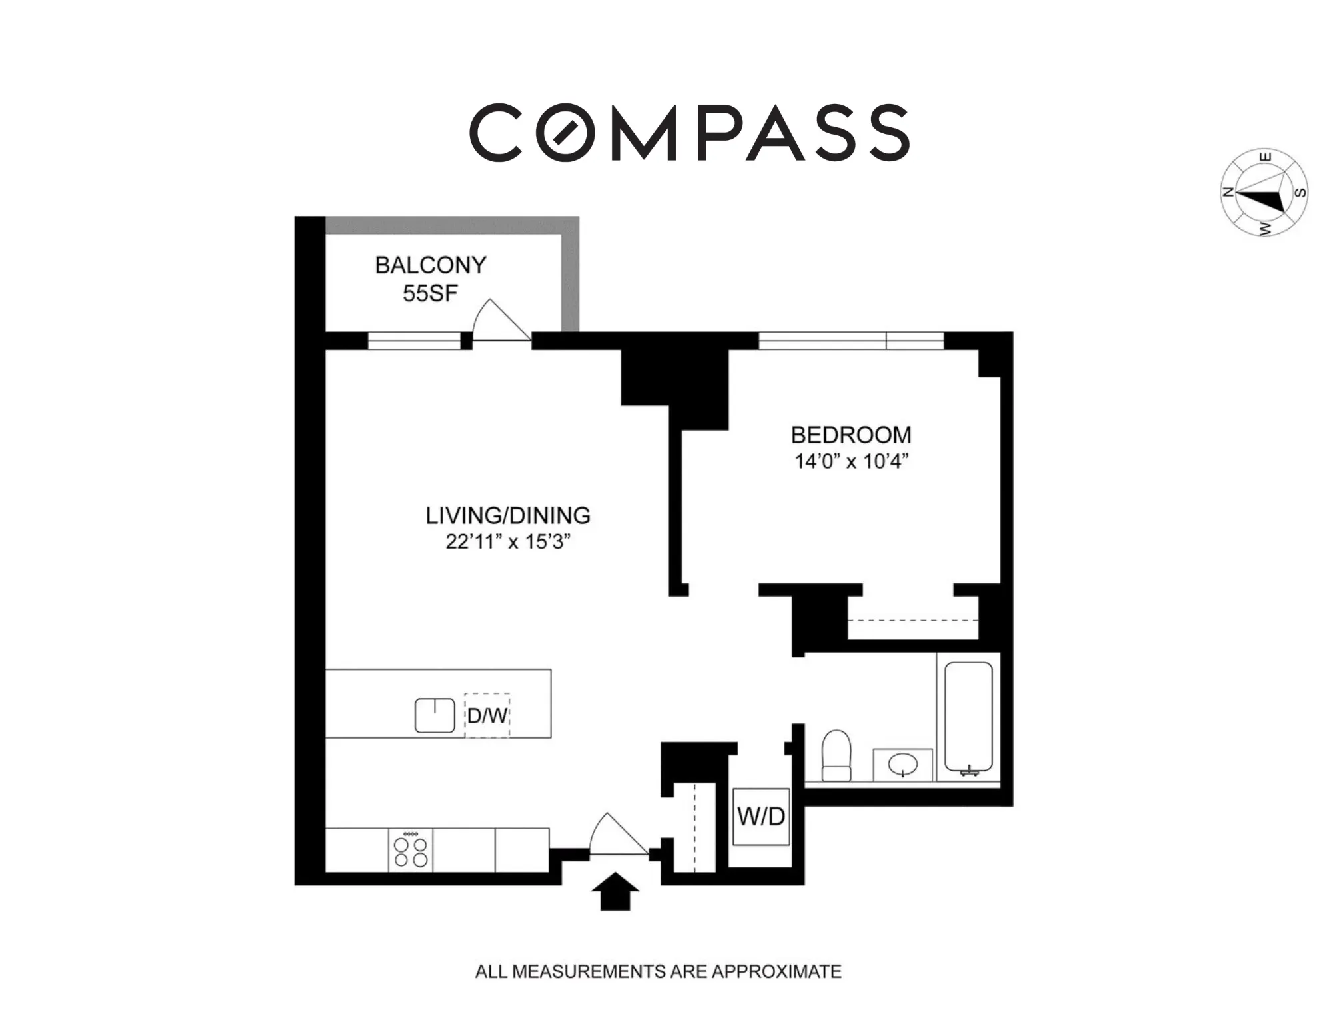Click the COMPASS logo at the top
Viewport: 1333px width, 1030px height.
(x=689, y=132)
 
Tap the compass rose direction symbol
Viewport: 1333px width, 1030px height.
(x=1264, y=193)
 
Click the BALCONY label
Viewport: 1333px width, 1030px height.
(x=430, y=265)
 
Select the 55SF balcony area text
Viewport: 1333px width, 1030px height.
(x=430, y=293)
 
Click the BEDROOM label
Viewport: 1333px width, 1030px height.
(x=851, y=435)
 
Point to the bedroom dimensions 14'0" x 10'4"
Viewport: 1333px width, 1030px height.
(x=851, y=461)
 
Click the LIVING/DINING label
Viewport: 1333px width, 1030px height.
(x=507, y=515)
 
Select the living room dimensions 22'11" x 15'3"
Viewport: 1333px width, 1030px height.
(x=507, y=542)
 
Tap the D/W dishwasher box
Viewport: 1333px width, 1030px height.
(x=487, y=716)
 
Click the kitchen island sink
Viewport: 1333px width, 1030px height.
(x=435, y=715)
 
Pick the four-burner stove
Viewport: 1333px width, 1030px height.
(x=411, y=851)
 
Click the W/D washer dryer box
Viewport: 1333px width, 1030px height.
(x=761, y=817)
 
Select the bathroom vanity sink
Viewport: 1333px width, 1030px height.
(x=902, y=763)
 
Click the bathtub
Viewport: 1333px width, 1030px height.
(x=968, y=717)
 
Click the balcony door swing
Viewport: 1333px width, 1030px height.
(x=499, y=321)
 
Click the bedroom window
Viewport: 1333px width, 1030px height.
(x=851, y=341)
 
